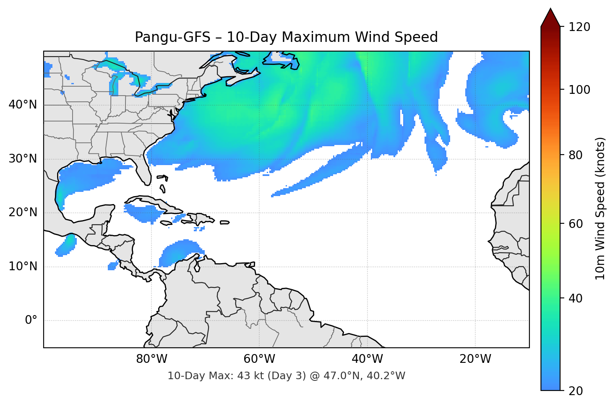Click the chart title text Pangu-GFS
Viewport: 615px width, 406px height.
pyautogui.click(x=172, y=37)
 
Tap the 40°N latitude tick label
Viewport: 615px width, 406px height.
pyautogui.click(x=23, y=105)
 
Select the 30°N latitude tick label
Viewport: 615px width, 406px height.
pyautogui.click(x=23, y=159)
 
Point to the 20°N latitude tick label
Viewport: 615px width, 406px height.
pyautogui.click(x=23, y=212)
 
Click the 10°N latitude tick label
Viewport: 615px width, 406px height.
pyautogui.click(x=23, y=266)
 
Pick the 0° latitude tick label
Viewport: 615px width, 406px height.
pyautogui.click(x=31, y=321)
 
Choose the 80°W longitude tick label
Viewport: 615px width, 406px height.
pyautogui.click(x=151, y=359)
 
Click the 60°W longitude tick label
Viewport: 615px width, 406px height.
pyautogui.click(x=259, y=359)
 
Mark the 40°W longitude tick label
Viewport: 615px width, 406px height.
pyautogui.click(x=367, y=359)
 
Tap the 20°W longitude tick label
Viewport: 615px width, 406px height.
pyautogui.click(x=475, y=359)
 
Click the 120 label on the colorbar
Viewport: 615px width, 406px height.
pyautogui.click(x=579, y=27)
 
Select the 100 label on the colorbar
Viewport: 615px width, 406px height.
pyautogui.click(x=579, y=90)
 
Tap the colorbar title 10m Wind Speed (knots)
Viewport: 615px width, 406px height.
pyautogui.click(x=600, y=209)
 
